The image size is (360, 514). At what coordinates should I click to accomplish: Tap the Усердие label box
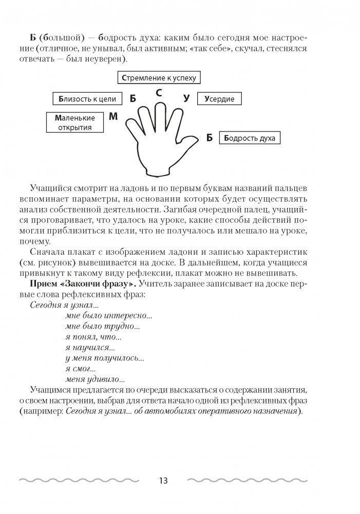point(220,99)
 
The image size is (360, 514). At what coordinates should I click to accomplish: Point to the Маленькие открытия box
point(73,122)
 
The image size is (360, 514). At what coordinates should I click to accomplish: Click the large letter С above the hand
point(159,93)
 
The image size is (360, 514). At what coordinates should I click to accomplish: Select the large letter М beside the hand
point(113,117)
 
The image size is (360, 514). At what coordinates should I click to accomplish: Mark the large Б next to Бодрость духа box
point(209,137)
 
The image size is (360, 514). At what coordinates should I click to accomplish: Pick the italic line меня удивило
point(95,380)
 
